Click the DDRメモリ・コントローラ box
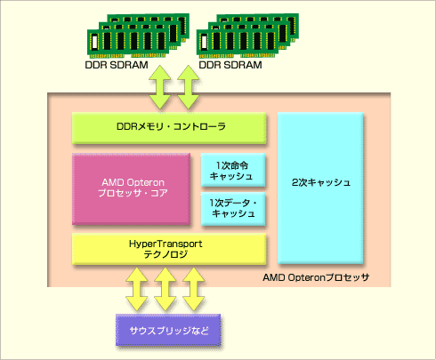169,128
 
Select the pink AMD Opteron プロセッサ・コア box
131,188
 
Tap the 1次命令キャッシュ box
233,170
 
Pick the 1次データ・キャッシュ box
233,209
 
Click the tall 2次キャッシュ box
320,188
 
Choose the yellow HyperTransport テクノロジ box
169,249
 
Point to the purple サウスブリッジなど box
168,330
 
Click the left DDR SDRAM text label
117,65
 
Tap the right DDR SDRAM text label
230,65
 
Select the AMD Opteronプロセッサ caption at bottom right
316,277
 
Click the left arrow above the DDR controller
160,87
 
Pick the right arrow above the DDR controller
188,87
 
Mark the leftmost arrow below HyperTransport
137,289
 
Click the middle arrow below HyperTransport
166,289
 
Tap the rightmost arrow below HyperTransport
193,289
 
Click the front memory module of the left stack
128,44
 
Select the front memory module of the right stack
238,44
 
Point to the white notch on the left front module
94,42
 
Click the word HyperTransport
166,244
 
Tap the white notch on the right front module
204,42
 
